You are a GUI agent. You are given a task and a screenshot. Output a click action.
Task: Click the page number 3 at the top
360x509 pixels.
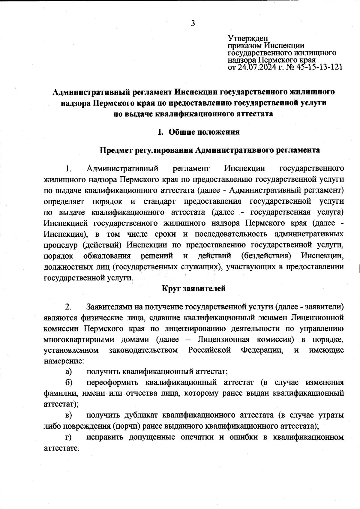[193, 23]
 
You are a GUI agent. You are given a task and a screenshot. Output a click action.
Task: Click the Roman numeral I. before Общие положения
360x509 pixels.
[160, 132]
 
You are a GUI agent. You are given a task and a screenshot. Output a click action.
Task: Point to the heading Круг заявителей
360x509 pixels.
[193, 289]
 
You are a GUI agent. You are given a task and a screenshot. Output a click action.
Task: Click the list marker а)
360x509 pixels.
[68, 372]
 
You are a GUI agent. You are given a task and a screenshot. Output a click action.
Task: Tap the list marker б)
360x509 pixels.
[68, 383]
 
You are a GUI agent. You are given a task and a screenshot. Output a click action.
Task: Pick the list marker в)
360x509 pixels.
[68, 415]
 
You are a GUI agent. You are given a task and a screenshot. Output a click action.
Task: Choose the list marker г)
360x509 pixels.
[68, 437]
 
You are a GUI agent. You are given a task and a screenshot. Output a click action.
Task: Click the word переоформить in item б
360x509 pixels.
[112, 383]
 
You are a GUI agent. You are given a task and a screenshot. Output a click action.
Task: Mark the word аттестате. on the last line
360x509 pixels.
[61, 448]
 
